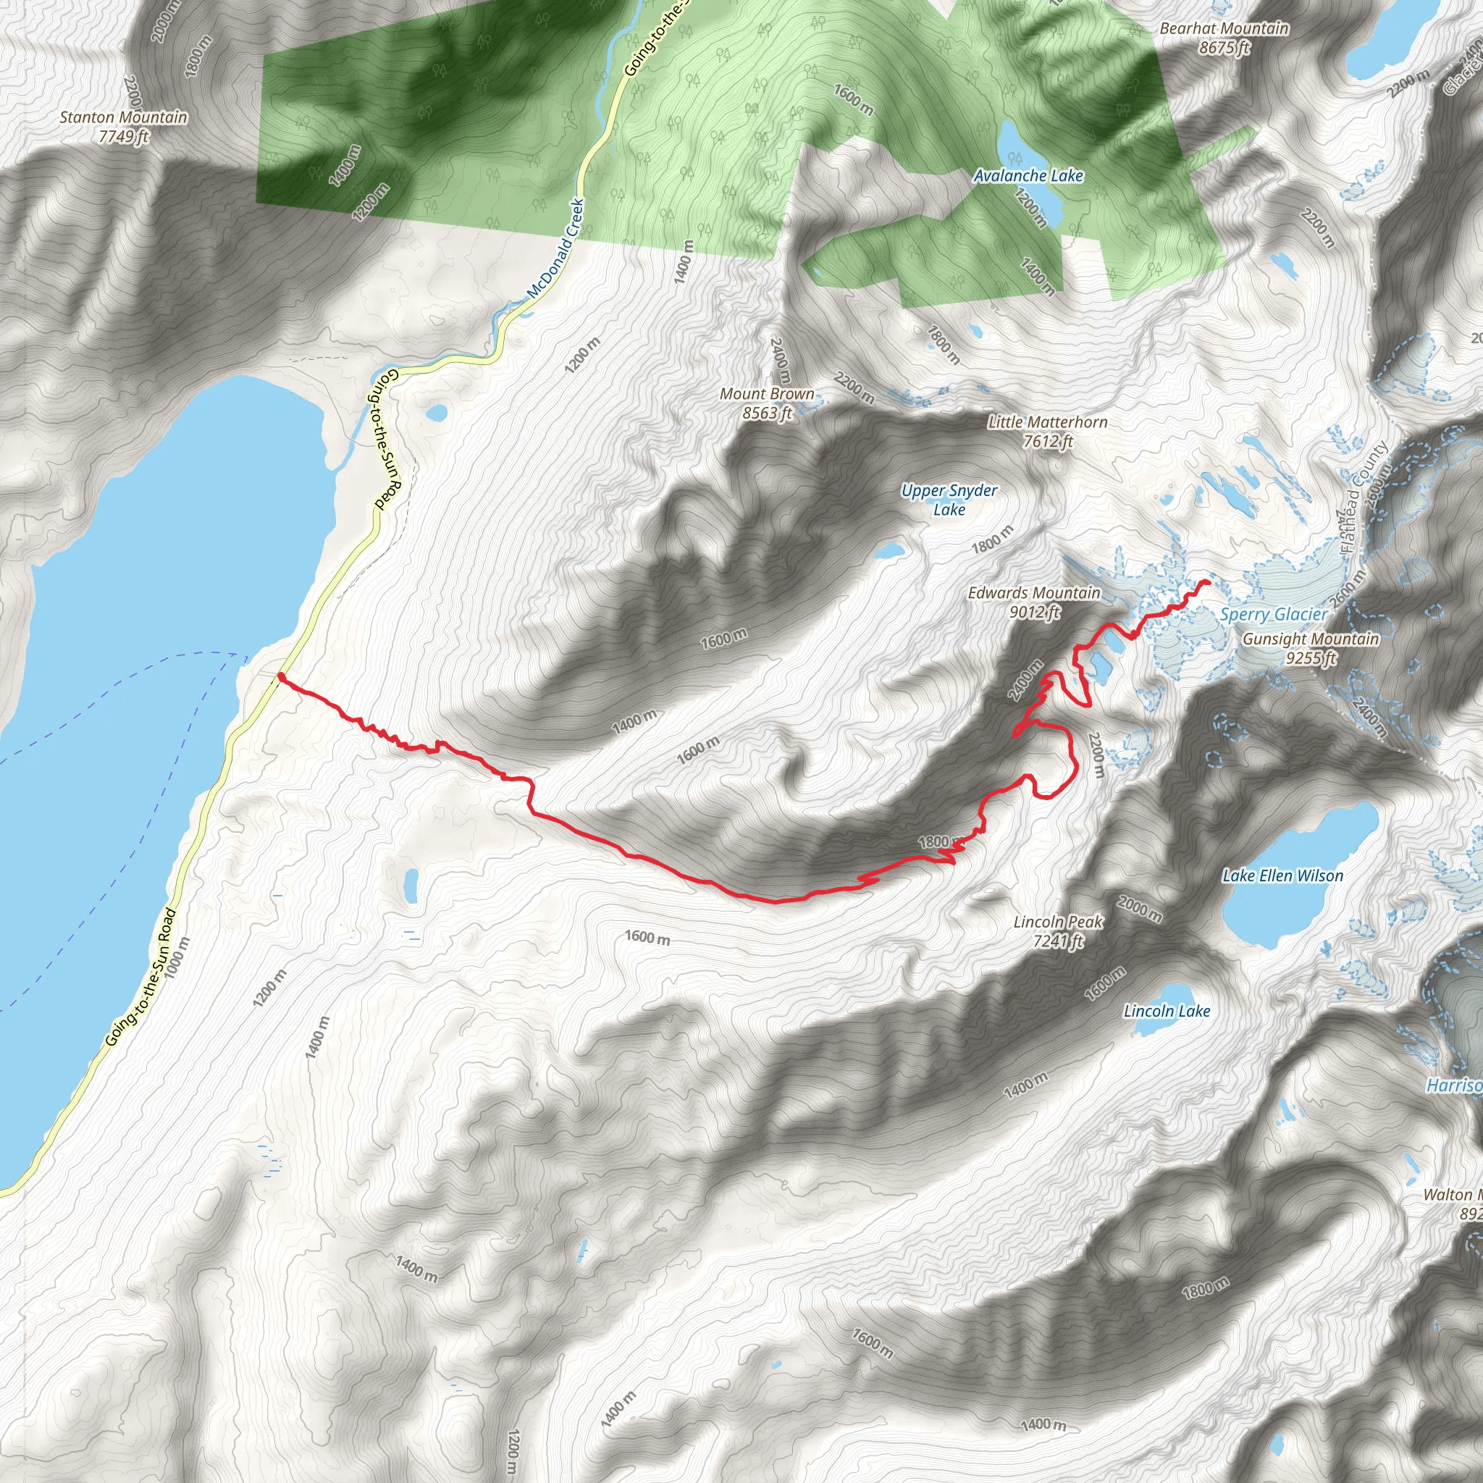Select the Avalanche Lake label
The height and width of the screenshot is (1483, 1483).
(x=1028, y=176)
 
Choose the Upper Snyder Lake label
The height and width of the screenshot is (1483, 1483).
(x=949, y=500)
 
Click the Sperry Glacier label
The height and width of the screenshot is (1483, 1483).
(x=1274, y=615)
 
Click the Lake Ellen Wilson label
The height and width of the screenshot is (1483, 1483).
(x=1282, y=876)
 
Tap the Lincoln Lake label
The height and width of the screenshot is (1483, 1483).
(x=1167, y=1011)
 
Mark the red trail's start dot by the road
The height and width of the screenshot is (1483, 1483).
(x=282, y=677)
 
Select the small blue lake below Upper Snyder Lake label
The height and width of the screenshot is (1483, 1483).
(x=890, y=550)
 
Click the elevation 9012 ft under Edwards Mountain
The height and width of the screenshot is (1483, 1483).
(x=1034, y=613)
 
